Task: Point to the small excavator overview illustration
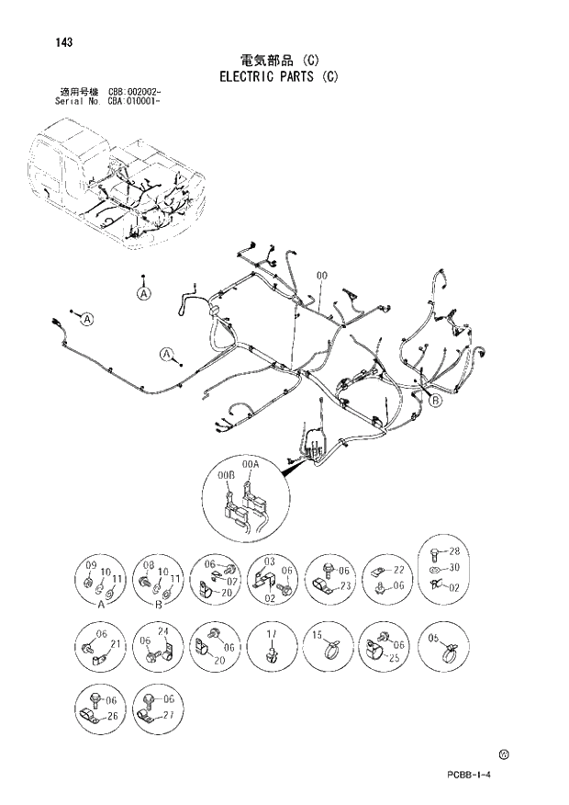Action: (x=115, y=188)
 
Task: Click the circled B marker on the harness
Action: (x=436, y=401)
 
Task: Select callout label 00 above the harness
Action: (x=322, y=276)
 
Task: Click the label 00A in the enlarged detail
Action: (x=251, y=466)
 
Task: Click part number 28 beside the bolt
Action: (x=452, y=552)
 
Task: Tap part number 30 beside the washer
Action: (x=452, y=569)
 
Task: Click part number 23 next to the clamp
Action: (x=345, y=586)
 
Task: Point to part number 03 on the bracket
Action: (x=270, y=561)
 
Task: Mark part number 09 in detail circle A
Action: (x=91, y=564)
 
